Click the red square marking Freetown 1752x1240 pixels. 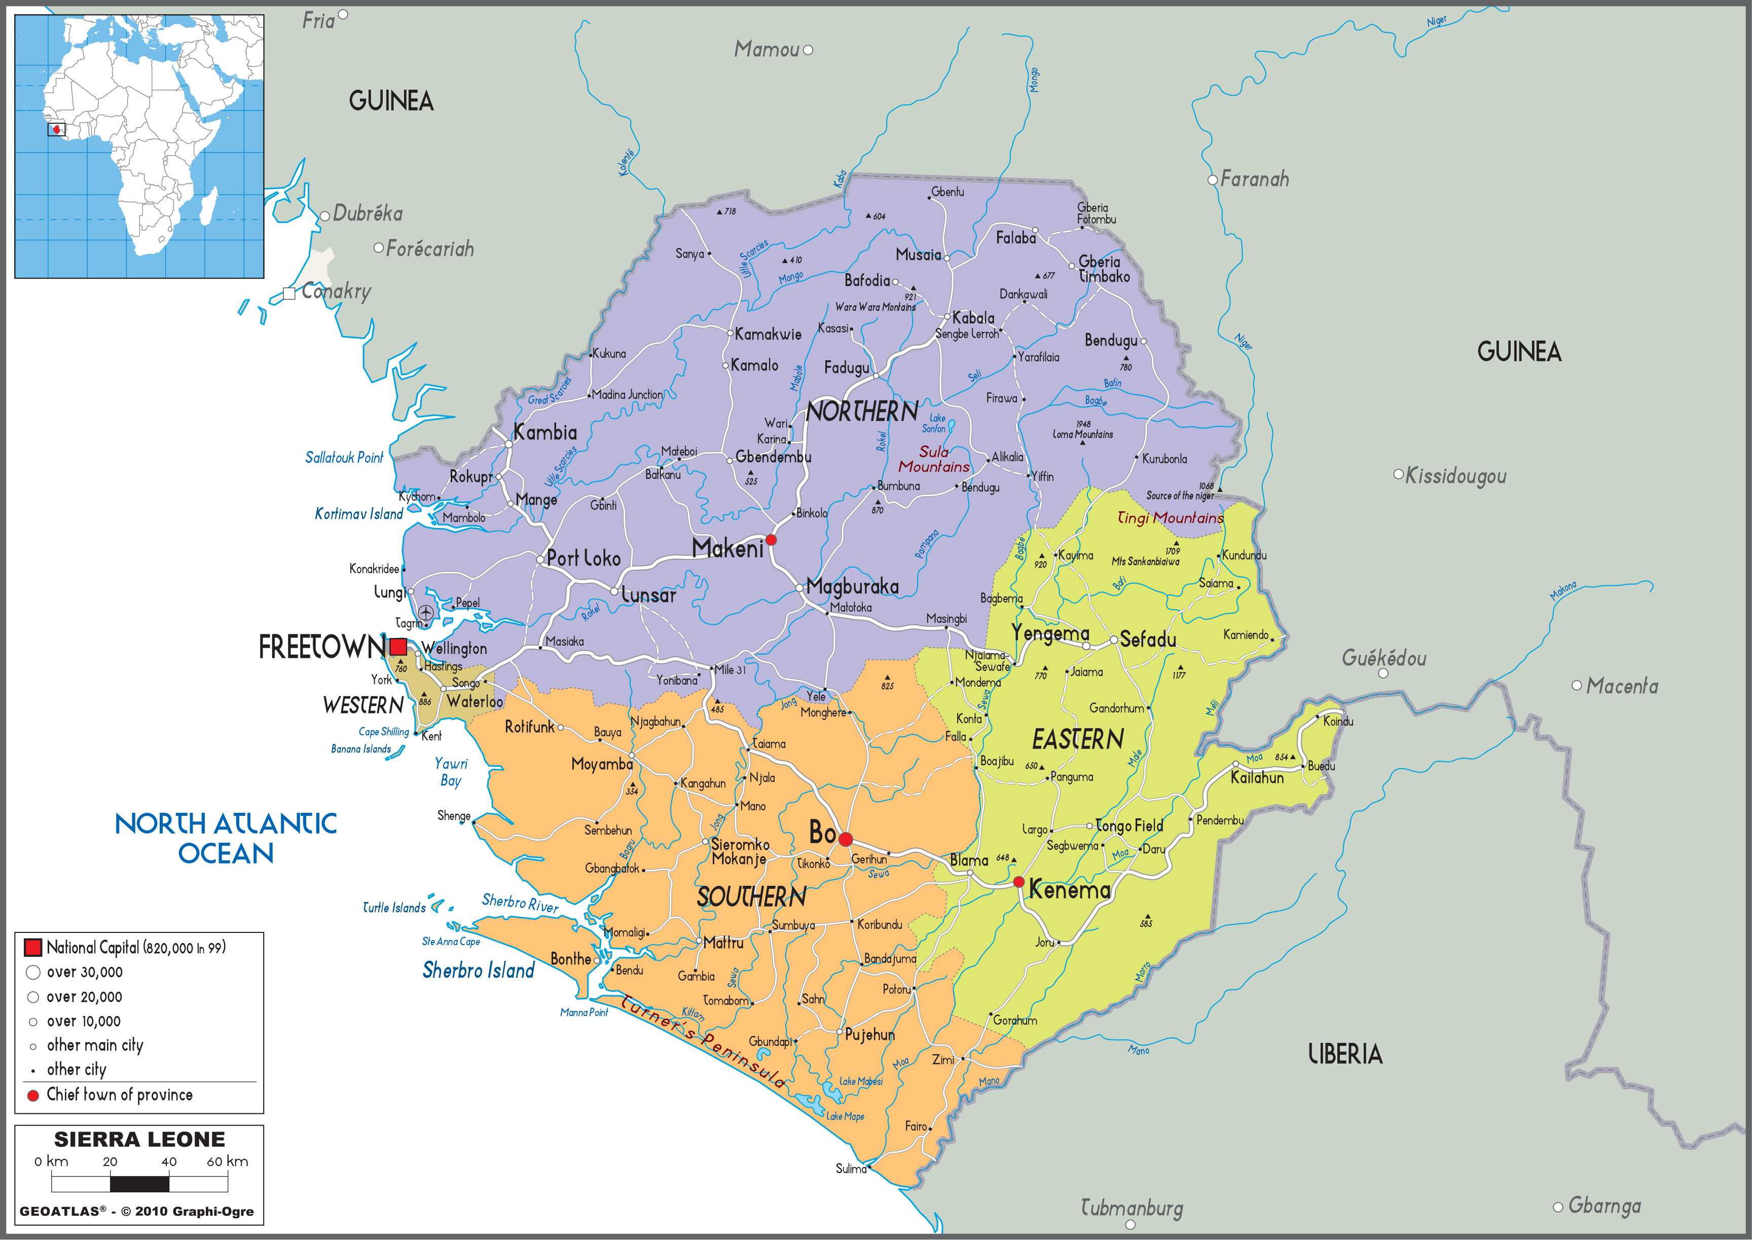(398, 647)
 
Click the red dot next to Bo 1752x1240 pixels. (846, 839)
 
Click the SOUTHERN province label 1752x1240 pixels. (751, 896)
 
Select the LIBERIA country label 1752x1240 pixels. (1345, 1055)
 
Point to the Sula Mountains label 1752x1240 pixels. (933, 459)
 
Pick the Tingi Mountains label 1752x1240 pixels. (1170, 518)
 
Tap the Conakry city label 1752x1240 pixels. (336, 291)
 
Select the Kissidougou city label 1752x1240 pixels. (1455, 476)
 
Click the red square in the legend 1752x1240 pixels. (33, 948)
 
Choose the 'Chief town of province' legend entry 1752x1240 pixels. (119, 1094)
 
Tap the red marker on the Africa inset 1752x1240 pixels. (56, 129)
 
